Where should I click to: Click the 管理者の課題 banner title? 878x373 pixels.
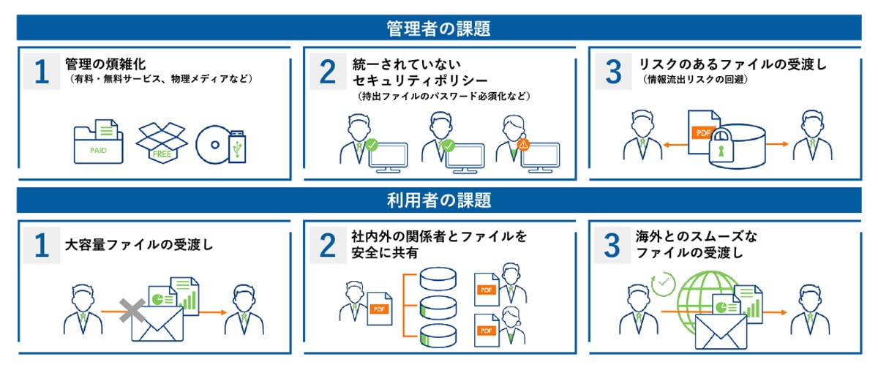pyautogui.click(x=438, y=29)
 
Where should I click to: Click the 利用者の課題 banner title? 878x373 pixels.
pyautogui.click(x=438, y=200)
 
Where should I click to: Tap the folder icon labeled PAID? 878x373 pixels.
pyautogui.click(x=98, y=143)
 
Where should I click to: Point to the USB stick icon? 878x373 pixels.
pyautogui.click(x=237, y=146)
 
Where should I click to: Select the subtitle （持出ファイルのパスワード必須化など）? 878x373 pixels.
pyautogui.click(x=442, y=97)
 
